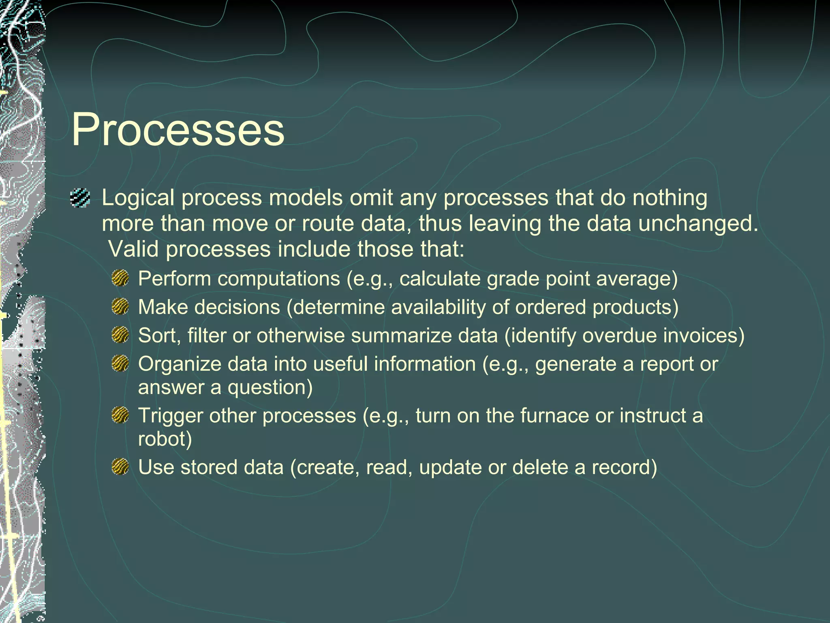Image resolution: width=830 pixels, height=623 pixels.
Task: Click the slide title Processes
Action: pos(178,130)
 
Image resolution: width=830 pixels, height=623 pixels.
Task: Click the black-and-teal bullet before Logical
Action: pos(80,198)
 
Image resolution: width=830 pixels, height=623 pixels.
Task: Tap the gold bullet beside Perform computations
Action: pos(120,279)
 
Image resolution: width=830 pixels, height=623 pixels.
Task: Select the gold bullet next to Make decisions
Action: pos(120,307)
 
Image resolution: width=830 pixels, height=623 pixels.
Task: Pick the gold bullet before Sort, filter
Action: pos(120,335)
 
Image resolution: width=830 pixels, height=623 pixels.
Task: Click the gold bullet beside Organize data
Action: pos(120,363)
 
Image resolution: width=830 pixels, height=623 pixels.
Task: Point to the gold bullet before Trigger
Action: pos(120,415)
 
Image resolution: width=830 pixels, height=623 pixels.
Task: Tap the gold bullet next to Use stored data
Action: pos(120,467)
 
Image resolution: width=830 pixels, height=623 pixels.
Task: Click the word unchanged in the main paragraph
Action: pos(698,223)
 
